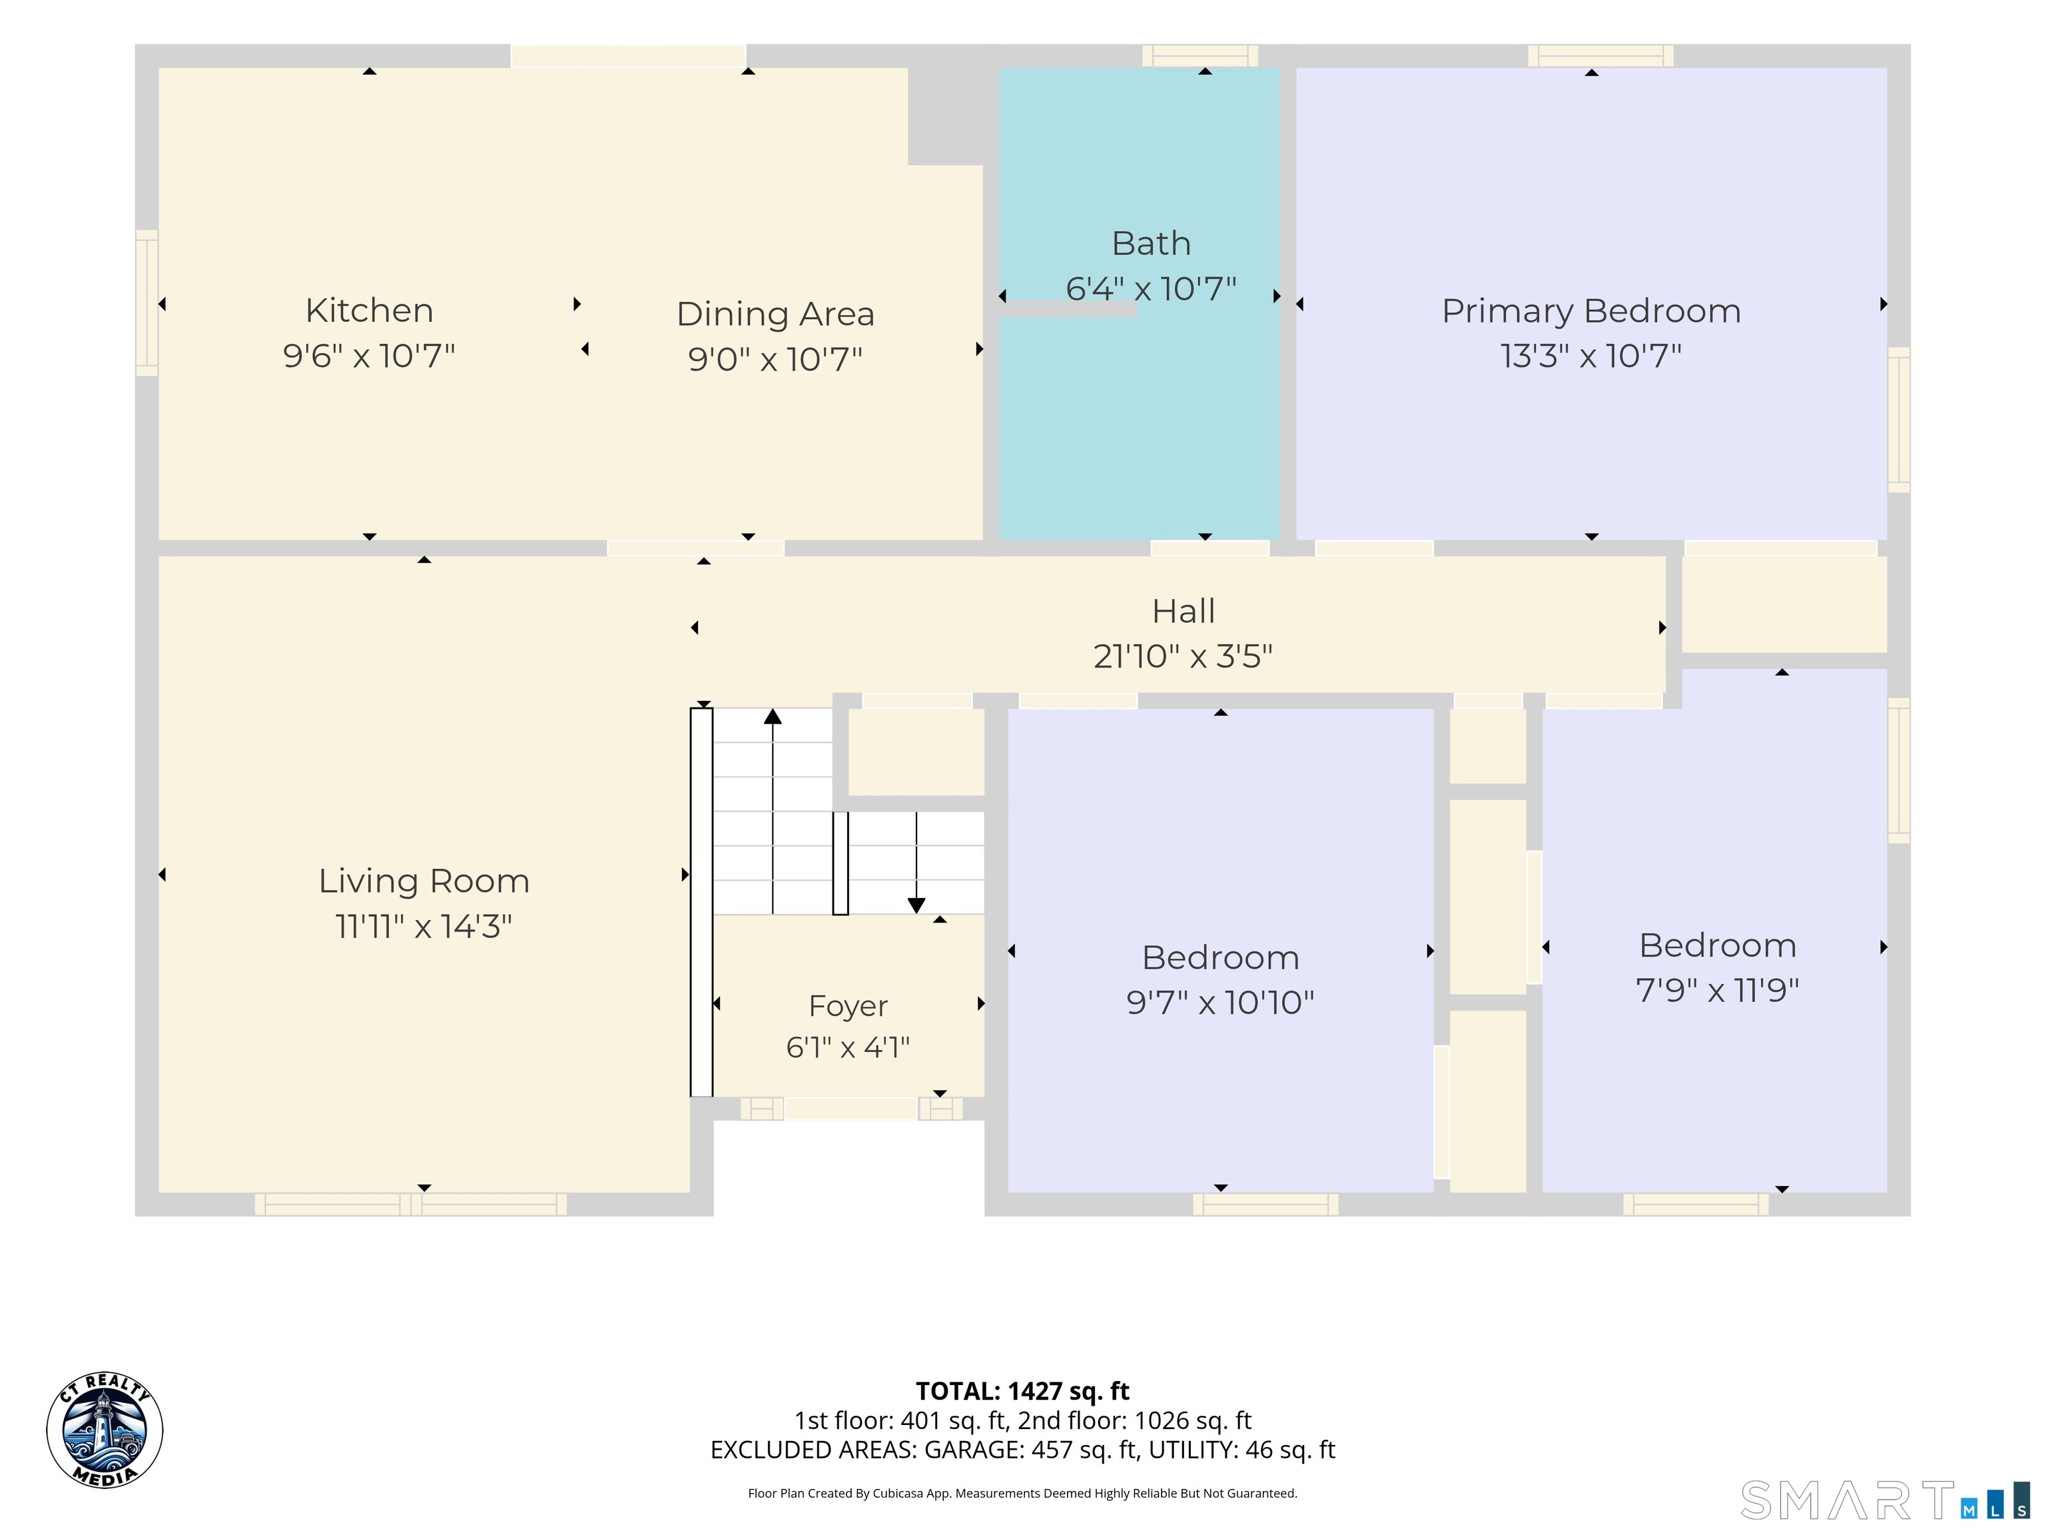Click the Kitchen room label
[x=369, y=310]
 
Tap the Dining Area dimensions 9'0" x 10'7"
[x=775, y=359]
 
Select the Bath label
[x=1151, y=243]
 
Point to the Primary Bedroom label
[x=1591, y=311]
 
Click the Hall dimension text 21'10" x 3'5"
[x=1183, y=656]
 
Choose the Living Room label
[x=424, y=881]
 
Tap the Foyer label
[x=849, y=1006]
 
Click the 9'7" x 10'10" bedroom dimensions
[x=1220, y=1002]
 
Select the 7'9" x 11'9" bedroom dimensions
[x=1718, y=990]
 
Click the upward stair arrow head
[x=773, y=716]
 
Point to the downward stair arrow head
[x=916, y=906]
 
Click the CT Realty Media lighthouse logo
[x=105, y=1430]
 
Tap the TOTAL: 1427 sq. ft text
[x=1022, y=1392]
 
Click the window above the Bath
[x=1199, y=55]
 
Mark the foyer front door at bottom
[x=851, y=1109]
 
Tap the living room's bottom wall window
[x=411, y=1204]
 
